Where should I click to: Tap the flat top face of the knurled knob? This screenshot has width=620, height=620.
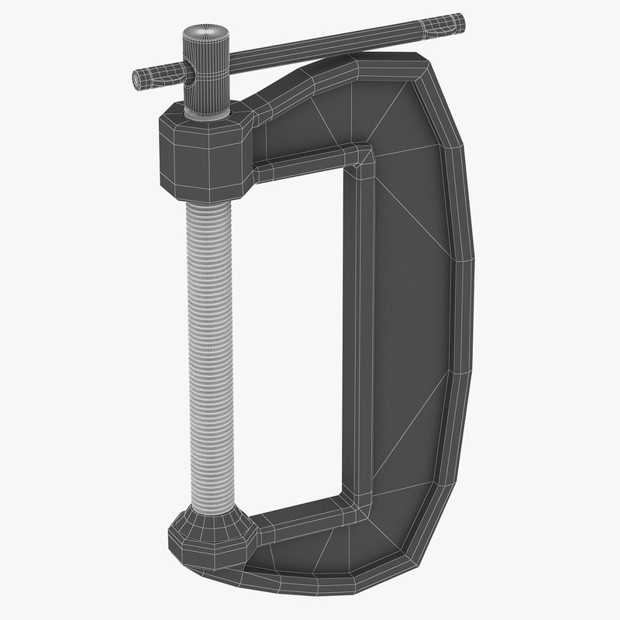pos(205,35)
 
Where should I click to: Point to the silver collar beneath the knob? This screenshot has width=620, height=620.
pos(206,112)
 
